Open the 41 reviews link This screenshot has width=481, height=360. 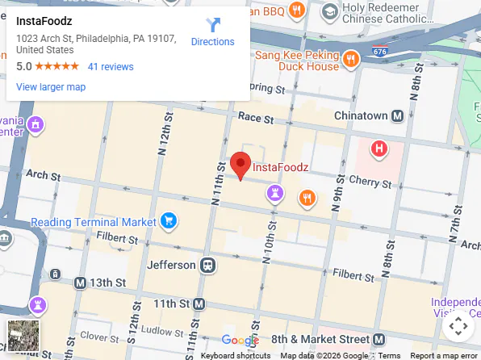pos(111,67)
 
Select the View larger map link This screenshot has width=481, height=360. pos(51,87)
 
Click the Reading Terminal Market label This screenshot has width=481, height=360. pos(93,222)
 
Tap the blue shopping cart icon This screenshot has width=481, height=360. pos(168,220)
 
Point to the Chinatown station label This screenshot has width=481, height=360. pos(361,116)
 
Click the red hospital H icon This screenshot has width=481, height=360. pos(379,149)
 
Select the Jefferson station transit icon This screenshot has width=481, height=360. pos(208,265)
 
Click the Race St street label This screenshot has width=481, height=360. pos(257,118)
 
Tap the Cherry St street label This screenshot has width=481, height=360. pos(372,184)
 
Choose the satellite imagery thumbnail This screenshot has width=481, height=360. pos(23,336)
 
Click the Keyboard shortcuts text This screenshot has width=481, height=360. pos(236,355)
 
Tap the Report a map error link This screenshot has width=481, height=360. pos(444,355)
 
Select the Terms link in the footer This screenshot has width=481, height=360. pos(389,355)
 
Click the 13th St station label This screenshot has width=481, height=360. pos(107,283)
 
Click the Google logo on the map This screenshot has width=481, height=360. pos(240,341)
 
